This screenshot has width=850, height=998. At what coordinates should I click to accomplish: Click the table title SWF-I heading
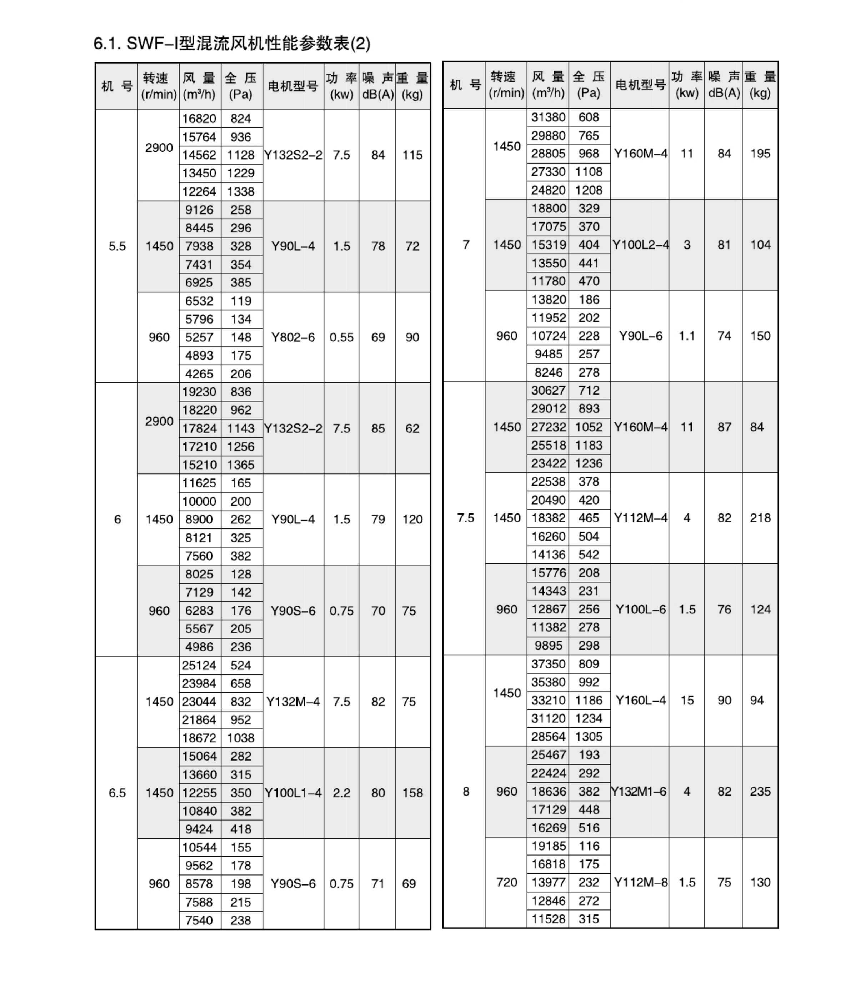click(x=232, y=44)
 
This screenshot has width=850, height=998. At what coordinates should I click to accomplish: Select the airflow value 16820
click(x=199, y=119)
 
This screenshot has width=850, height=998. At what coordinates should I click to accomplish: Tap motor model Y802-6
click(x=293, y=337)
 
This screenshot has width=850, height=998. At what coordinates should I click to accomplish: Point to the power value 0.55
click(x=341, y=337)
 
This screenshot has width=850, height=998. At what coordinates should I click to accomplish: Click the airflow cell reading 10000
click(x=199, y=501)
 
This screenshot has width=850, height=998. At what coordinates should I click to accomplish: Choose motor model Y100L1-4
click(x=293, y=793)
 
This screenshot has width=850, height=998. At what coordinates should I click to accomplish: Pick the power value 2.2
click(x=341, y=793)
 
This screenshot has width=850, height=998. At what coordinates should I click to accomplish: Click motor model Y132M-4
click(x=293, y=702)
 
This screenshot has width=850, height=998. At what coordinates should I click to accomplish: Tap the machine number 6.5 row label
click(x=117, y=793)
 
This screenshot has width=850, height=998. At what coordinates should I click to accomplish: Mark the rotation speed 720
click(x=506, y=882)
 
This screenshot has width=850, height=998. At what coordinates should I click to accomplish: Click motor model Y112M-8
click(x=640, y=882)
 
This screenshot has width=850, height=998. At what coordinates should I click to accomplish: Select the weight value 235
click(x=760, y=791)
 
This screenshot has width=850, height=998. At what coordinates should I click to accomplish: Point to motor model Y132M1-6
click(x=639, y=791)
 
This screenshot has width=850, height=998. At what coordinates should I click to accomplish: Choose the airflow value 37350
click(x=548, y=664)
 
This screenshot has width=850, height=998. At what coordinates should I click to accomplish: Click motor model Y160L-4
click(x=640, y=700)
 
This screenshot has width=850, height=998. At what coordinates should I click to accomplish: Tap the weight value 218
click(x=760, y=518)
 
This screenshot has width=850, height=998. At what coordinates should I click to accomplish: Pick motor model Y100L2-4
click(x=640, y=245)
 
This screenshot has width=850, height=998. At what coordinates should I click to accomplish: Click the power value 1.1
click(x=687, y=336)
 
